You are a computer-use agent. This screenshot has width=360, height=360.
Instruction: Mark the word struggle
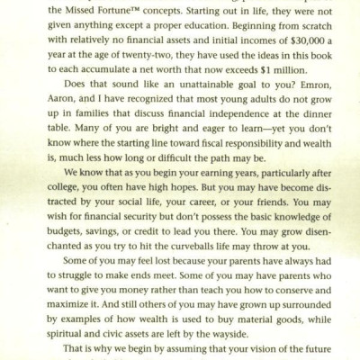(88, 264)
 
